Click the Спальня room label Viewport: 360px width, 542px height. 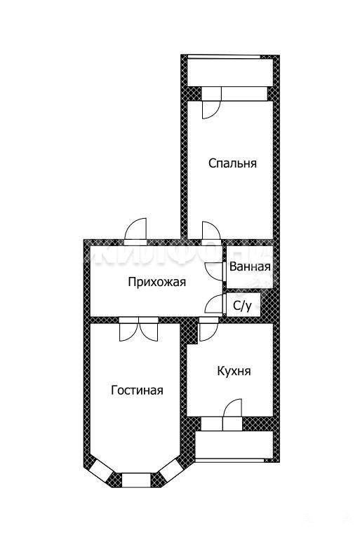(232, 163)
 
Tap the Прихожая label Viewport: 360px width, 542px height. (157, 282)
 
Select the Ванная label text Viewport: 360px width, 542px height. (250, 267)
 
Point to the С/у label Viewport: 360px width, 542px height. (242, 306)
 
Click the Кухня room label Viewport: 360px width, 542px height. (234, 371)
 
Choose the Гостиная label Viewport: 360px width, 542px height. (137, 391)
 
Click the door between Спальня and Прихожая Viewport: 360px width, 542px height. (211, 231)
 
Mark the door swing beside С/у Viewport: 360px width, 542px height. (215, 304)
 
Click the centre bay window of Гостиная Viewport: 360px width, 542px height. (137, 480)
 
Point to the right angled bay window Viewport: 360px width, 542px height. (171, 470)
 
